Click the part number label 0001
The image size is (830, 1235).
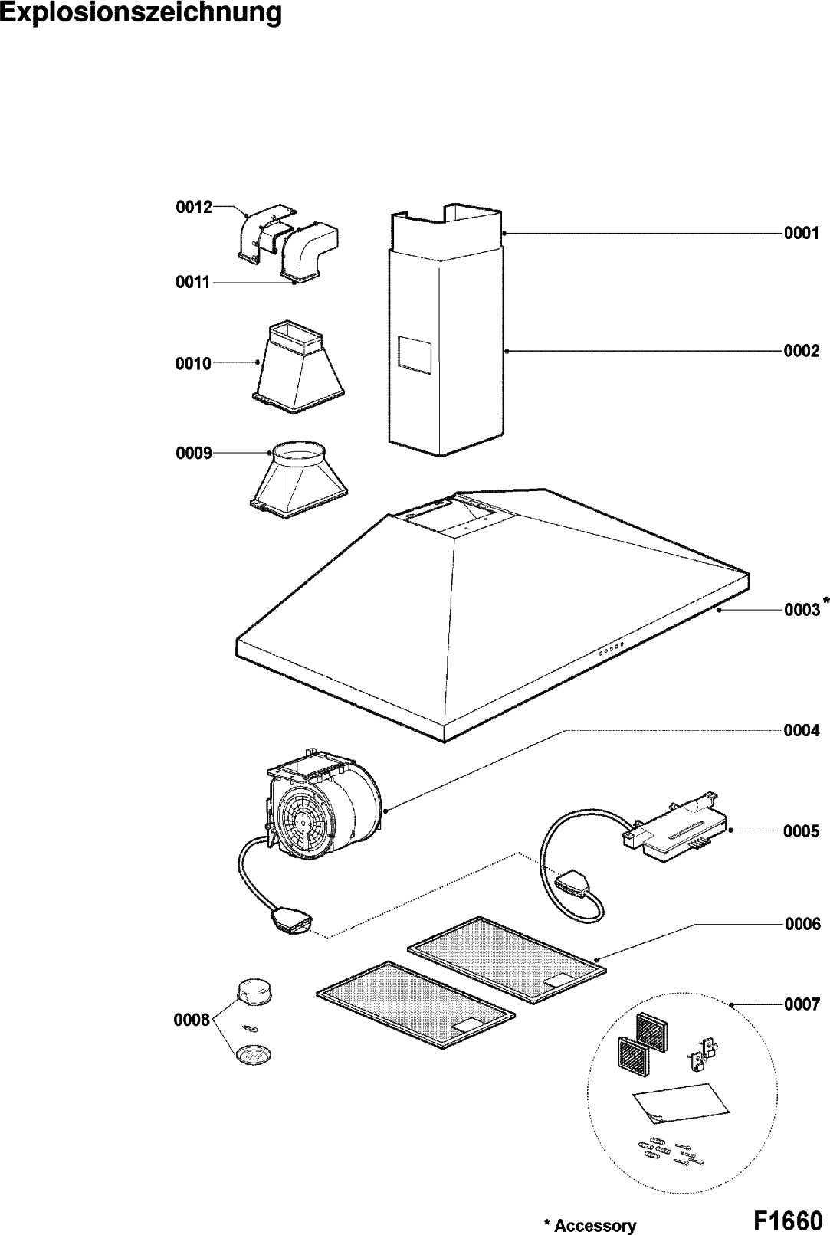click(x=801, y=233)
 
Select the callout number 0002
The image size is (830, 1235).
click(x=801, y=352)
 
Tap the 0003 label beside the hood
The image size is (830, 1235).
click(x=802, y=611)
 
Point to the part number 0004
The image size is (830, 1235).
click(x=801, y=731)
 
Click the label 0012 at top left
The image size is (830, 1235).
click(x=194, y=207)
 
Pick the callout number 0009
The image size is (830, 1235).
click(x=194, y=454)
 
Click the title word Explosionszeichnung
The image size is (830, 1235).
click(x=141, y=14)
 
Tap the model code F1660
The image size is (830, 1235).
click(x=786, y=1218)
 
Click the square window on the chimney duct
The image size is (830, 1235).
click(x=413, y=358)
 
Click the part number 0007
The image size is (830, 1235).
click(x=801, y=1004)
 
